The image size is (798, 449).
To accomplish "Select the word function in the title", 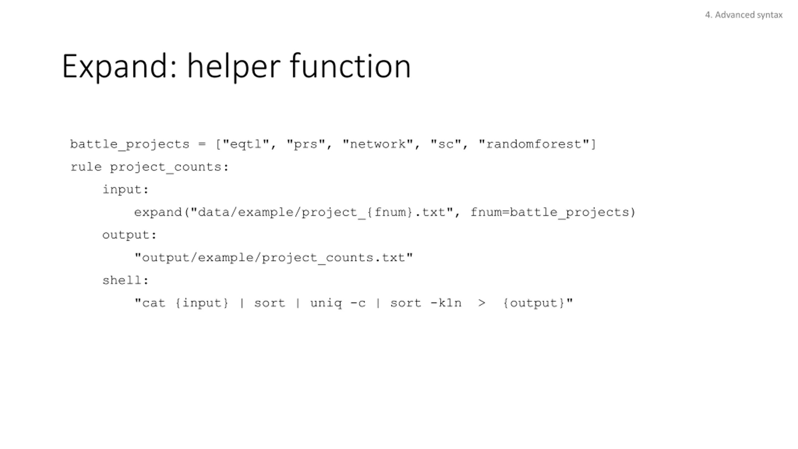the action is pyautogui.click(x=350, y=66).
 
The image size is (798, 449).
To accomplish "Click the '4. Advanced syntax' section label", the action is pyautogui.click(x=743, y=15).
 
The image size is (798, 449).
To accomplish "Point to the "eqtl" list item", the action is pyautogui.click(x=246, y=144).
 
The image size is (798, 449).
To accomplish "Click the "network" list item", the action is pyautogui.click(x=378, y=144).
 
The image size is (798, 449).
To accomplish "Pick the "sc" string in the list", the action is pyautogui.click(x=446, y=144).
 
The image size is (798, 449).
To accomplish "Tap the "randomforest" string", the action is pyautogui.click(x=534, y=144).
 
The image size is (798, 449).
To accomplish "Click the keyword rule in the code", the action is pyautogui.click(x=86, y=167).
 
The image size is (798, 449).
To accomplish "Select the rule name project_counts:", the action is pyautogui.click(x=169, y=167).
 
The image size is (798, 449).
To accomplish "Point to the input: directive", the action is pyautogui.click(x=126, y=190).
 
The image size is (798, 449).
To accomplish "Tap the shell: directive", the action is pyautogui.click(x=126, y=280).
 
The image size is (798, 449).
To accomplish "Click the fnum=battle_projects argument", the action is pyautogui.click(x=550, y=212).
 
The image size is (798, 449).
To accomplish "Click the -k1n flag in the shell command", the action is pyautogui.click(x=446, y=303).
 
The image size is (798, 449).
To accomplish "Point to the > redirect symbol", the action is pyautogui.click(x=482, y=303).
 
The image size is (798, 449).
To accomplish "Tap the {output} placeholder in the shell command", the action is pyautogui.click(x=534, y=303).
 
